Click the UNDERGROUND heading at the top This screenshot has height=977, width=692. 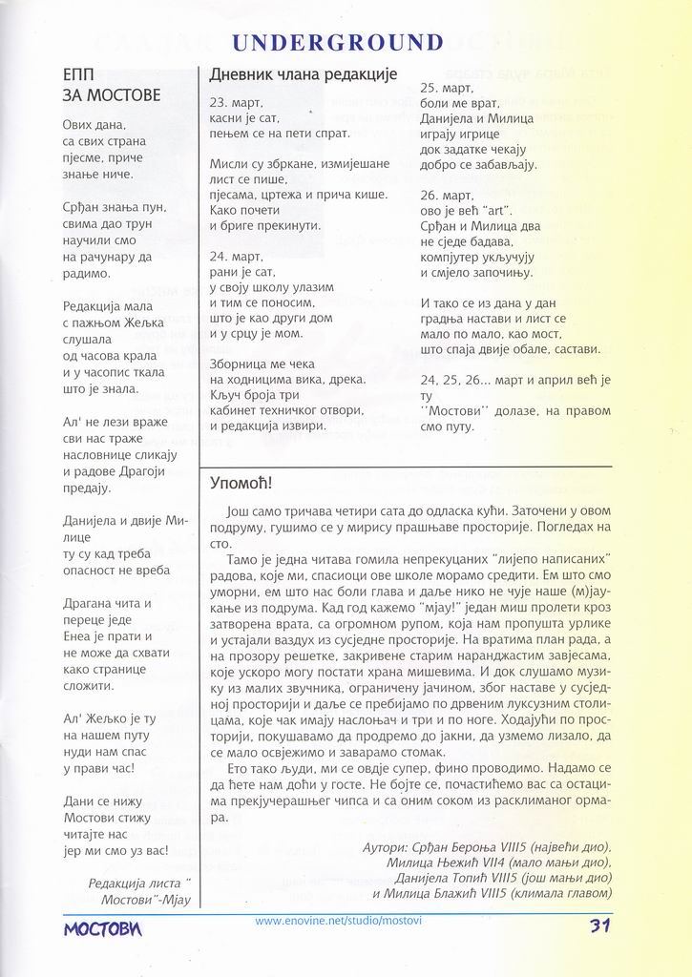[338, 42]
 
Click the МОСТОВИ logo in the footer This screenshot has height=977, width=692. [103, 927]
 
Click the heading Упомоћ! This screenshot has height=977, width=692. [234, 483]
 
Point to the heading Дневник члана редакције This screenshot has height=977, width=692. [303, 73]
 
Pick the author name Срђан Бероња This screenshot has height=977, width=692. [472, 847]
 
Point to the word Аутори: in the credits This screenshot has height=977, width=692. [387, 847]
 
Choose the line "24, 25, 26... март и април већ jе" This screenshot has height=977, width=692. [514, 380]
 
